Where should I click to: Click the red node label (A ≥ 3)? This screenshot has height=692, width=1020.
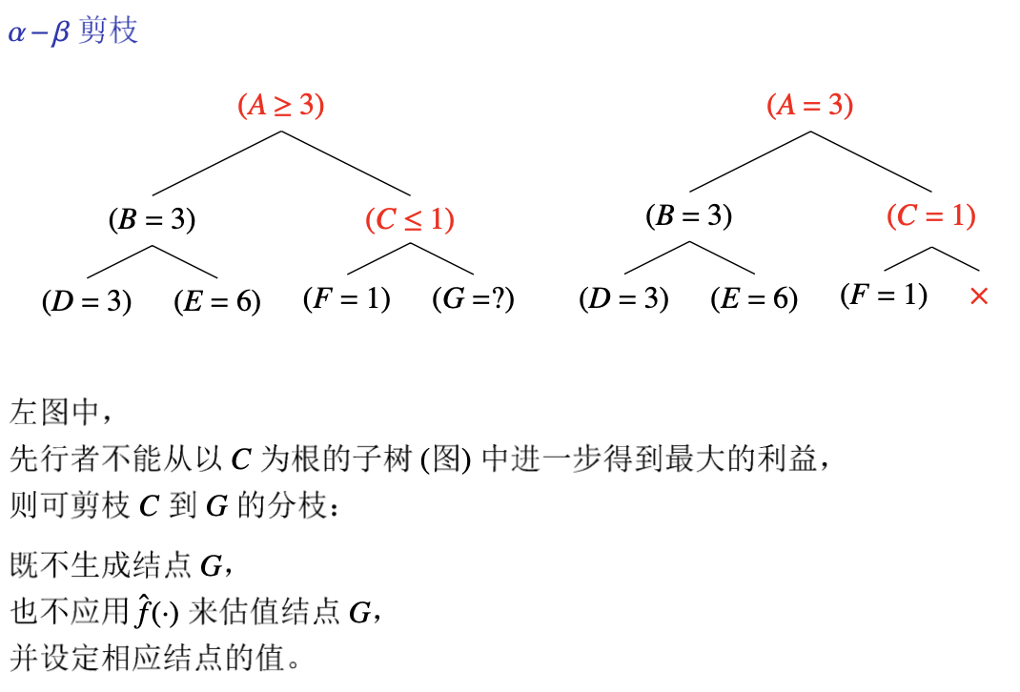281,105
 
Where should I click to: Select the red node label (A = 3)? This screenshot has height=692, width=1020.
810,105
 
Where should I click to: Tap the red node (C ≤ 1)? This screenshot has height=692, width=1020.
410,220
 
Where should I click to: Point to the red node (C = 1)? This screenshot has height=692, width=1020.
931,216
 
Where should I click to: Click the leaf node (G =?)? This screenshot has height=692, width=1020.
474,299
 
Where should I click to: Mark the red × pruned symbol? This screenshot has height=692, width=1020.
978,296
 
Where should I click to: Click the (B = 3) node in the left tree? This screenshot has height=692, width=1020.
152,220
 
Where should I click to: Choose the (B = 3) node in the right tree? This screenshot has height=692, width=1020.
689,216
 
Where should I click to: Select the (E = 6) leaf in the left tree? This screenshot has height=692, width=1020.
217,301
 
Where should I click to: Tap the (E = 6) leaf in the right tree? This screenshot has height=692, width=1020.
754,299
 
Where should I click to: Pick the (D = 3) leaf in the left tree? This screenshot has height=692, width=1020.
87,301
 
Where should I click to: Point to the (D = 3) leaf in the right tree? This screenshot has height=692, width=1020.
624,299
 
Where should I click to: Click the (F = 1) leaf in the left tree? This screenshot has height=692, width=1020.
347,299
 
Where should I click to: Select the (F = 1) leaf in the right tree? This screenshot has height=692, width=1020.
884,295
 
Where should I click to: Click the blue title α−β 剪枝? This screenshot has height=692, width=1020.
73,31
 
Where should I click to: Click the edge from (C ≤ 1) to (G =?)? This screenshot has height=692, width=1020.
442,259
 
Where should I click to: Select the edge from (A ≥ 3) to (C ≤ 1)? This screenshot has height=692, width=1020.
345,162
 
